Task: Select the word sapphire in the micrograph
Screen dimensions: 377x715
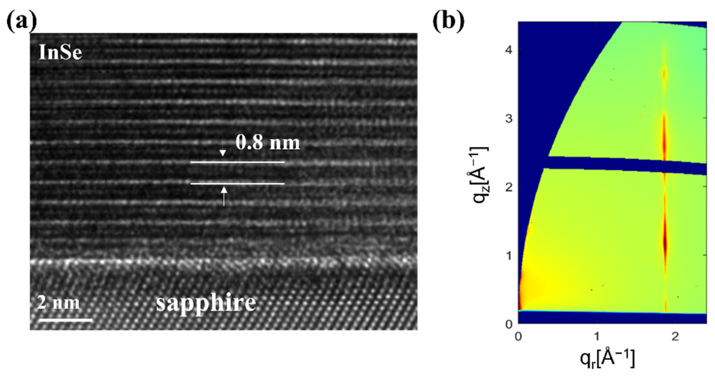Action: click(x=206, y=303)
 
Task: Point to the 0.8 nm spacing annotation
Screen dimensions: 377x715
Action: click(x=268, y=143)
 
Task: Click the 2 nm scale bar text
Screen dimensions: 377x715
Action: click(x=58, y=303)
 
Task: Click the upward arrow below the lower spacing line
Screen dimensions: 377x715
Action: click(x=224, y=196)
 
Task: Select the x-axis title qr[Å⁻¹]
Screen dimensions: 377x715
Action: click(x=607, y=358)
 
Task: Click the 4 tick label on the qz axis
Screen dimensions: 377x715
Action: click(x=508, y=50)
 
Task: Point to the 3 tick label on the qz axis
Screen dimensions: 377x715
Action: click(x=508, y=118)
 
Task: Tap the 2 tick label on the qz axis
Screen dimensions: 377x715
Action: click(x=508, y=187)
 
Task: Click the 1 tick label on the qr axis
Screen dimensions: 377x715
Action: click(x=597, y=337)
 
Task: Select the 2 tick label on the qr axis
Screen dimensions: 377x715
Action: click(x=675, y=337)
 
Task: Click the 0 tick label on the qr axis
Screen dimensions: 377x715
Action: click(x=518, y=337)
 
